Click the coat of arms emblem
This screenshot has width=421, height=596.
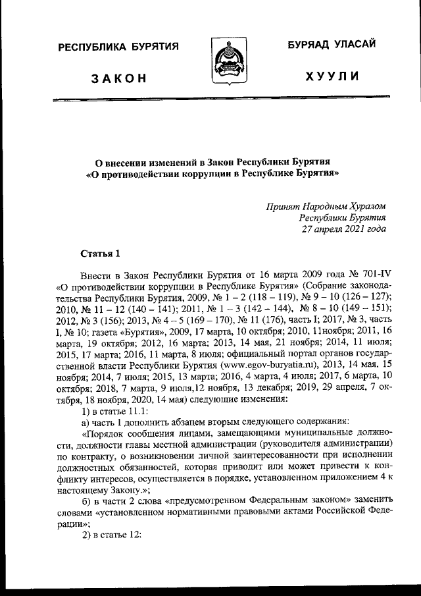pyautogui.click(x=224, y=61)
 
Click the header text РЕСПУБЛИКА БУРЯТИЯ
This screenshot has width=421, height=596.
pyautogui.click(x=118, y=47)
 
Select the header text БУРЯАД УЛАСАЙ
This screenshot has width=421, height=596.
pyautogui.click(x=332, y=44)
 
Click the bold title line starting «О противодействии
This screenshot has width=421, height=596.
pyautogui.click(x=214, y=175)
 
